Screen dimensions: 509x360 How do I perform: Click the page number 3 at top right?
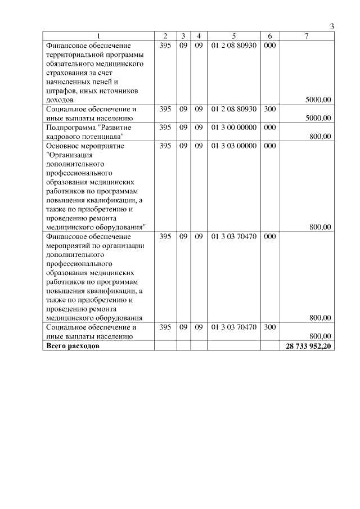332,26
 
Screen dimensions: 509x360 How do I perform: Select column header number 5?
233,36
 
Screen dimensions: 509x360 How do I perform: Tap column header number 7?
306,36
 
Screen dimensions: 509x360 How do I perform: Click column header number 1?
99,36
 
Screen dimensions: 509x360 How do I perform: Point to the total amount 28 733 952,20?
308,345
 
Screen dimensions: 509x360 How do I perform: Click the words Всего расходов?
73,345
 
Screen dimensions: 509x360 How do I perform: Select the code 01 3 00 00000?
233,127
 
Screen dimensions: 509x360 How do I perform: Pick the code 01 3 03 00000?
233,146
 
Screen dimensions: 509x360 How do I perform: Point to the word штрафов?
62,91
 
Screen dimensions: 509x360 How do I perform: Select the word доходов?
60,100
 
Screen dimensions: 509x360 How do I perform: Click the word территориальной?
76,55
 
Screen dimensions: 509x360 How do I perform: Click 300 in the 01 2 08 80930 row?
269,109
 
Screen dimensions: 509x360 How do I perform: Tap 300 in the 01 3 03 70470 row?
269,327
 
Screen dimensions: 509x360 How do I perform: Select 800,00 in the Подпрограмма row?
320,136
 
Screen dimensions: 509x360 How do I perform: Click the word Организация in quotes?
71,155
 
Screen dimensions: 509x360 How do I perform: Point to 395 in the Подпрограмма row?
165,127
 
